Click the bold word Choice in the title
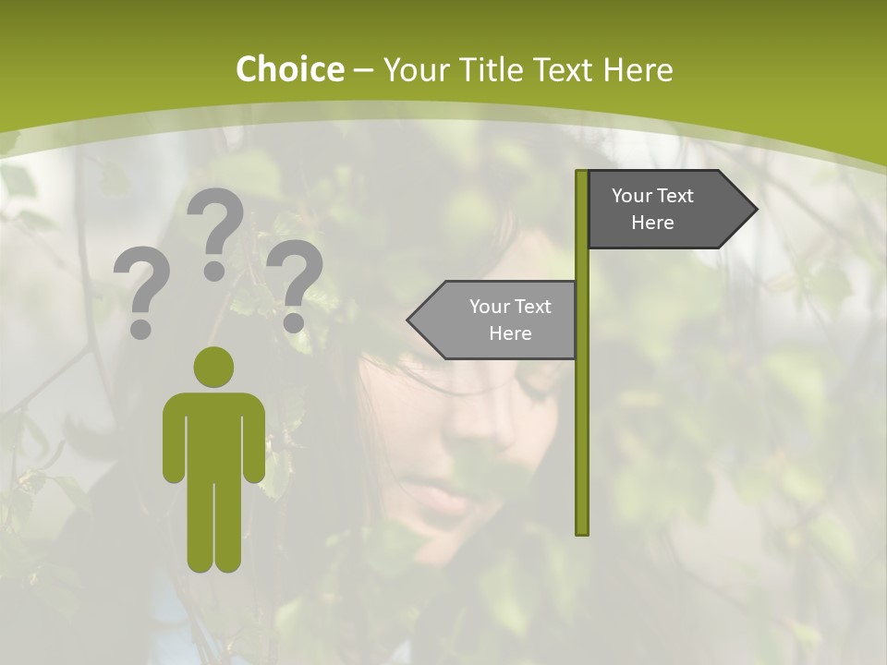pyautogui.click(x=289, y=69)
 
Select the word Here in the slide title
pyautogui.click(x=638, y=70)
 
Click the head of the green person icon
pyautogui.click(x=213, y=367)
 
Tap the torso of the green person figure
pyautogui.click(x=213, y=434)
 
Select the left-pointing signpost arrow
pyautogui.click(x=494, y=320)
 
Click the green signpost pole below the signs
pyautogui.click(x=582, y=443)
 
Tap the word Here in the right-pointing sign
pyautogui.click(x=652, y=223)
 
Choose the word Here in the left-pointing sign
pyautogui.click(x=510, y=333)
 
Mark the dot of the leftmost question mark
pyautogui.click(x=140, y=329)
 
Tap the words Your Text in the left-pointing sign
pyautogui.click(x=510, y=307)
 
